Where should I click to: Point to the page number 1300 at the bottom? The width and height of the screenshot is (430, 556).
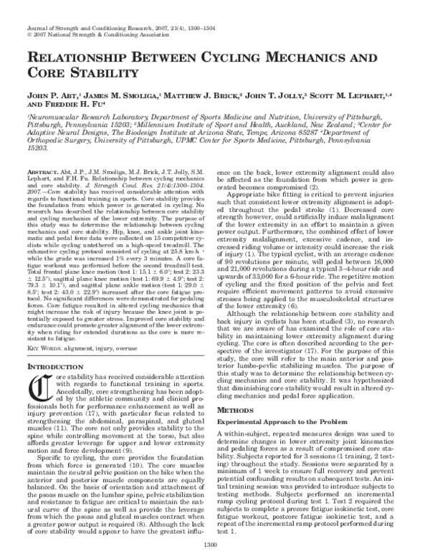(214, 547)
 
